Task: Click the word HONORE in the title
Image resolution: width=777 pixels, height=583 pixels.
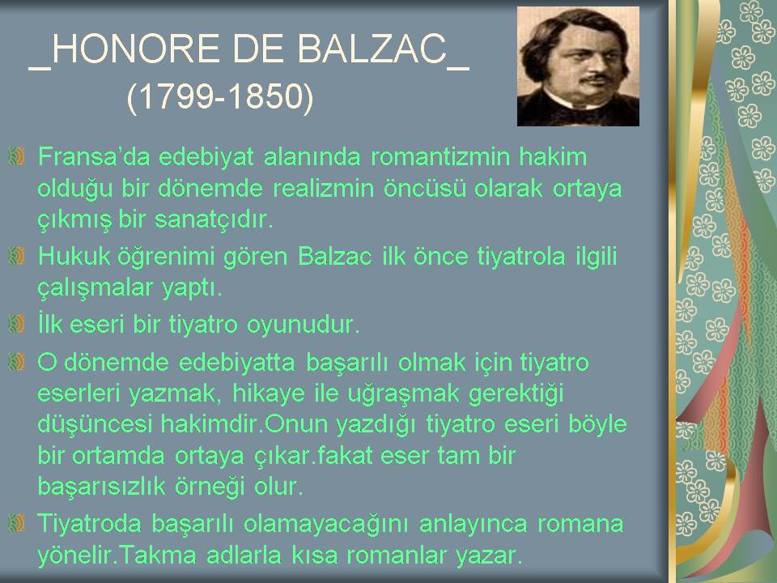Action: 135,49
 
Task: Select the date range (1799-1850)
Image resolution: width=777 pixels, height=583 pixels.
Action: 220,96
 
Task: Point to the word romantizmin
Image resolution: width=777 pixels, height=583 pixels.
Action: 440,156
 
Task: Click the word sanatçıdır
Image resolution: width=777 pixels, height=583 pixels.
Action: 214,219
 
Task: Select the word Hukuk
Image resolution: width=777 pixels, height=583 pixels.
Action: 74,257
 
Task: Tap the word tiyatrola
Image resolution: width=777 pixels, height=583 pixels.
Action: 521,257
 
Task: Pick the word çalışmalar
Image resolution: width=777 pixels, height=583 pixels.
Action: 96,288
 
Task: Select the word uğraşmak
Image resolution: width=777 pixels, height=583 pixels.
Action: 404,394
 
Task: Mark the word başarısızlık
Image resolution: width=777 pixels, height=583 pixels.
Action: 102,487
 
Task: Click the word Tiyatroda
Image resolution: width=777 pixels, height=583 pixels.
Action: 89,524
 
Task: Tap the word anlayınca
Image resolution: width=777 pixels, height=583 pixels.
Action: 473,524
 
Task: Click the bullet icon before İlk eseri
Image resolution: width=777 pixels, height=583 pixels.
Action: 16,324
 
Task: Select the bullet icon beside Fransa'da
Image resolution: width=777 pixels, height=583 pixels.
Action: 16,156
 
